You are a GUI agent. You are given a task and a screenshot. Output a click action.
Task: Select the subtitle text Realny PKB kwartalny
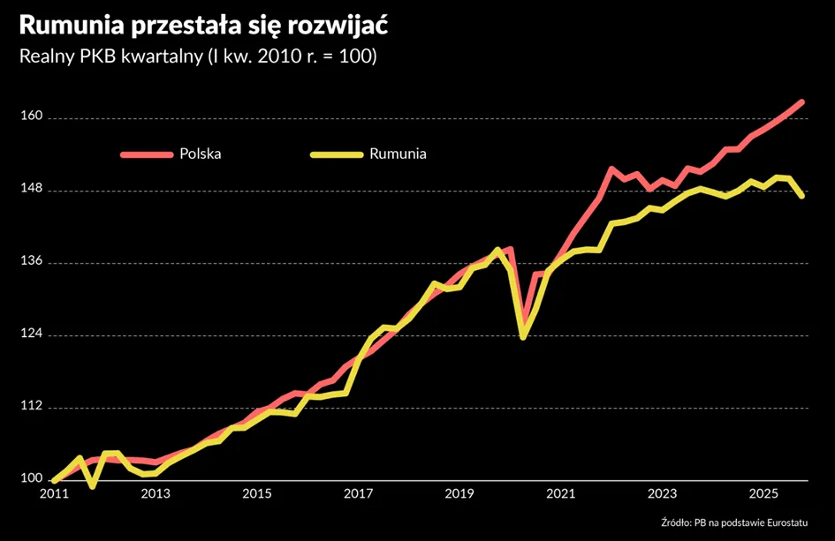[111, 56]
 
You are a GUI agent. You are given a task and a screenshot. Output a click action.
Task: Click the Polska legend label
[201, 154]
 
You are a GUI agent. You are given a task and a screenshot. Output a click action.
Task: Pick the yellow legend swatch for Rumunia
[337, 154]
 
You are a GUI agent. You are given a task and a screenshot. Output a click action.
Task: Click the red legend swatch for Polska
[147, 154]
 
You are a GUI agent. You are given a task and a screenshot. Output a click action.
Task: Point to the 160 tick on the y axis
[32, 116]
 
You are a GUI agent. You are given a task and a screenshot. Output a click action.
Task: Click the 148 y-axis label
[32, 188]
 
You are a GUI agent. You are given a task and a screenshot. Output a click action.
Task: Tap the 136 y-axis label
[32, 260]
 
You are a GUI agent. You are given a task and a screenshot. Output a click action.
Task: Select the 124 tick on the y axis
[32, 334]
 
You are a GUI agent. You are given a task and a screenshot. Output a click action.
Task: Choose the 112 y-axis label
[32, 406]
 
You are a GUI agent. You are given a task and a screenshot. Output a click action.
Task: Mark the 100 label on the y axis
[32, 478]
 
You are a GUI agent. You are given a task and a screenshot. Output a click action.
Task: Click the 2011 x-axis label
[54, 494]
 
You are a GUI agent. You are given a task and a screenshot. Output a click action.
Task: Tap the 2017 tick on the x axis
[359, 494]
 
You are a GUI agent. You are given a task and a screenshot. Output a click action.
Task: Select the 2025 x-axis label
[763, 494]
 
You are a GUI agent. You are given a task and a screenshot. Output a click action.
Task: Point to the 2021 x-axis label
[561, 494]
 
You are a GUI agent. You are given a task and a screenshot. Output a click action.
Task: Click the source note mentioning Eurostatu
[734, 523]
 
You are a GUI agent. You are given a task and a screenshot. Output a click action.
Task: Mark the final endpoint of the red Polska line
[802, 101]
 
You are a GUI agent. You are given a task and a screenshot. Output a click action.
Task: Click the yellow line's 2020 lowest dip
[523, 337]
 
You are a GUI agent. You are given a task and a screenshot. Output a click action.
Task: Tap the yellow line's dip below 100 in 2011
[93, 486]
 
